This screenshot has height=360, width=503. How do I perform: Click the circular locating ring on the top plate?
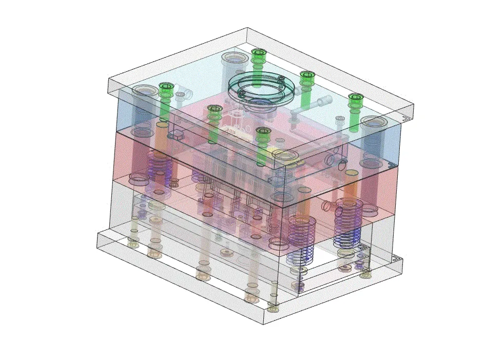(x=261, y=87)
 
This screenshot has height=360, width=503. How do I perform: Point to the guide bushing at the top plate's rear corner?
(x=234, y=59)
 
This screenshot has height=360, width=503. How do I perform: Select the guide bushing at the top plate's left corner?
(x=144, y=92)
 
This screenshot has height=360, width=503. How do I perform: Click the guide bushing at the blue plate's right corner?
(x=374, y=123)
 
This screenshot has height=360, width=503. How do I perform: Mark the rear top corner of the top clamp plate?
(x=247, y=28)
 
